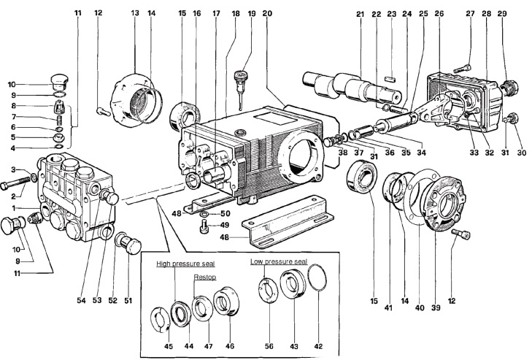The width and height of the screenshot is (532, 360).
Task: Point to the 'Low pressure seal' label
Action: click(x=279, y=261)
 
